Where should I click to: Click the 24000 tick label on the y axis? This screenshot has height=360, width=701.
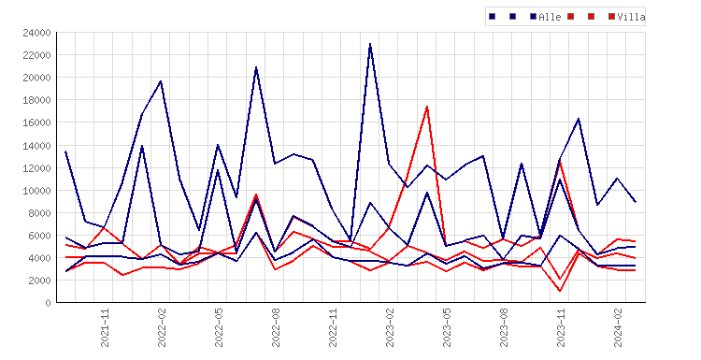36,33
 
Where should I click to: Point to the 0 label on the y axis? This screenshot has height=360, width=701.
49,303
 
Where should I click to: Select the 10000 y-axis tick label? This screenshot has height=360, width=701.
36,191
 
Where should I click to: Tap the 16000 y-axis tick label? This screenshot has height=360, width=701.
36,123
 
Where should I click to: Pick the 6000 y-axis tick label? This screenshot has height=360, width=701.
39,236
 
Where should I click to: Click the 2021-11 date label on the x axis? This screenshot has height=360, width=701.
105,327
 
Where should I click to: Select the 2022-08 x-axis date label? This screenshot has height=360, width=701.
276,327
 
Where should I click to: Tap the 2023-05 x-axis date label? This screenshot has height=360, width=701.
447,327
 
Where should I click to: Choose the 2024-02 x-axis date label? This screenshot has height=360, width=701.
619,327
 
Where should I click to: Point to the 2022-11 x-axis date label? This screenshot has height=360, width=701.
333,327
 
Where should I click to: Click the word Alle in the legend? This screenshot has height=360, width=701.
550,17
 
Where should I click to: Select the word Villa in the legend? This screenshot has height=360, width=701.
631,17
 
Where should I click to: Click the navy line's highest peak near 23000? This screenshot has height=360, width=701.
370,44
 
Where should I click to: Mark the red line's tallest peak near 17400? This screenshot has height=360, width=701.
427,107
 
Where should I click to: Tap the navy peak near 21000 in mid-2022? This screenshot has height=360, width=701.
256,67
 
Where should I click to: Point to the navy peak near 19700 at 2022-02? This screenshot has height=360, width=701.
161,81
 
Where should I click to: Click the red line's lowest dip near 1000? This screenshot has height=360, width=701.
560,291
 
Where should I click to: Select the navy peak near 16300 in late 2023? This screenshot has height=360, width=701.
579,119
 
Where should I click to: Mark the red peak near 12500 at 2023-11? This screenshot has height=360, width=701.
560,162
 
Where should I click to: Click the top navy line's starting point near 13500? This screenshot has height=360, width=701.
65,151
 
